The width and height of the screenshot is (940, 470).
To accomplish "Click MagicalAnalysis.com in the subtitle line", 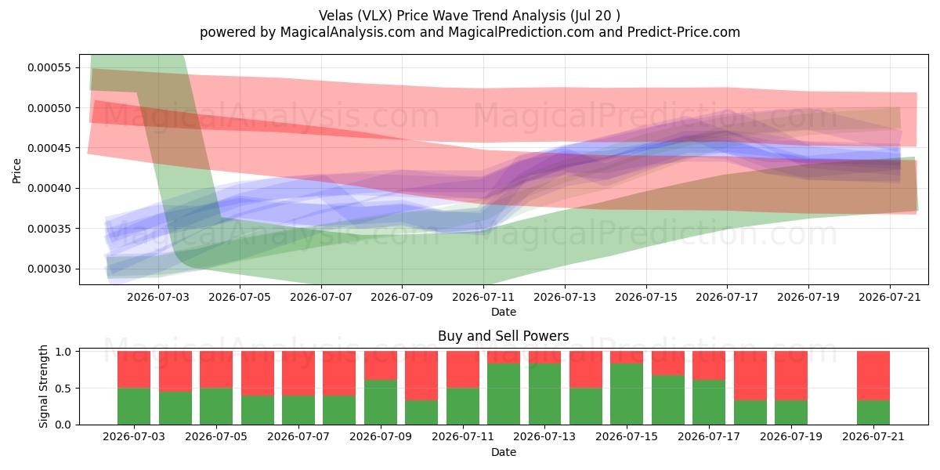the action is click(x=348, y=32).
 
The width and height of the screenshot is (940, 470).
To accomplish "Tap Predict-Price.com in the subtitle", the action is click(x=684, y=32).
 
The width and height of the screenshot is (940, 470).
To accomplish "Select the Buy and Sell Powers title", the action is click(x=503, y=336).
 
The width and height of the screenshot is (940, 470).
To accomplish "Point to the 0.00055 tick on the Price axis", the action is click(x=49, y=67).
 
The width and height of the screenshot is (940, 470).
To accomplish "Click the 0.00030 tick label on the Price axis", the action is click(x=49, y=269).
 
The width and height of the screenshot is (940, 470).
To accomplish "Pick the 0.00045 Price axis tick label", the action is click(x=49, y=148).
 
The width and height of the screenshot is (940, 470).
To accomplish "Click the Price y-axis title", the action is click(x=16, y=171).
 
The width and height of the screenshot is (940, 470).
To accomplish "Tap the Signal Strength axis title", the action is click(x=43, y=386).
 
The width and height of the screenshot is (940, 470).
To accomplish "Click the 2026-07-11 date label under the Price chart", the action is click(x=483, y=297).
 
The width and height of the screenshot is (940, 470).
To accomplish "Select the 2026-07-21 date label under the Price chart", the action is click(x=890, y=297).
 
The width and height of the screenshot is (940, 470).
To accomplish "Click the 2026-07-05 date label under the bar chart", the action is click(x=216, y=436).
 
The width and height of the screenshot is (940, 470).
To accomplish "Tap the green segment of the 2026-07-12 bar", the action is click(x=504, y=394).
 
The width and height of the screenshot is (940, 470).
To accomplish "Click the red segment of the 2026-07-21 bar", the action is click(x=873, y=375).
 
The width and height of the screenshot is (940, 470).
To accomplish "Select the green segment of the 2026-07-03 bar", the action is click(x=134, y=407).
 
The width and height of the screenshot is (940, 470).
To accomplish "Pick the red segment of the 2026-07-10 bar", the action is click(x=421, y=375).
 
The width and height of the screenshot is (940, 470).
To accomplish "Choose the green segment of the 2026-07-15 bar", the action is click(x=627, y=394).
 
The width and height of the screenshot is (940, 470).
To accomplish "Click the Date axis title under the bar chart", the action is click(x=504, y=452).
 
